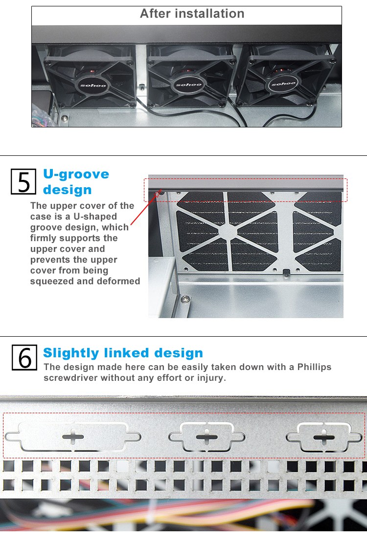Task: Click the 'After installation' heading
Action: click(192, 14)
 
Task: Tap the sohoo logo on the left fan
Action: click(93, 85)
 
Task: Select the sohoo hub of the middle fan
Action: click(188, 84)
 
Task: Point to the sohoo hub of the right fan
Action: click(283, 84)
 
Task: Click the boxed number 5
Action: click(23, 181)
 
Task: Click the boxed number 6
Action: click(24, 357)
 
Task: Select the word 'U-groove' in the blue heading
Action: click(76, 174)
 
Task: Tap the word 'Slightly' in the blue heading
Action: click(71, 353)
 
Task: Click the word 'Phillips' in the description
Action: click(314, 367)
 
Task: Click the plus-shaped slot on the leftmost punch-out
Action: click(73, 437)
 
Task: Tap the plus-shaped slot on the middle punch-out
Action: click(206, 437)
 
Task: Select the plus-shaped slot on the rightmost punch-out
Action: click(324, 437)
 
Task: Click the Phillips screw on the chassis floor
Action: click(185, 298)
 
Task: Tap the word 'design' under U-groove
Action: click(68, 190)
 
